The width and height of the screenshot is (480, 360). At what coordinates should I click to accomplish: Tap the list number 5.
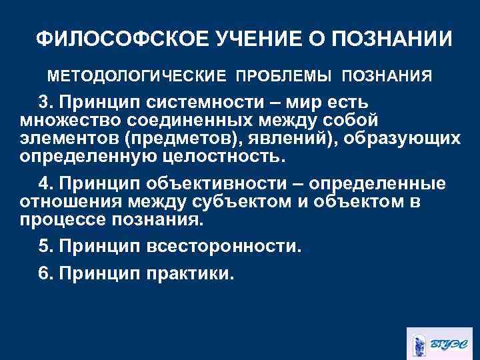(44, 247)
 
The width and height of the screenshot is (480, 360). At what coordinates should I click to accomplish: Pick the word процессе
(61, 219)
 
